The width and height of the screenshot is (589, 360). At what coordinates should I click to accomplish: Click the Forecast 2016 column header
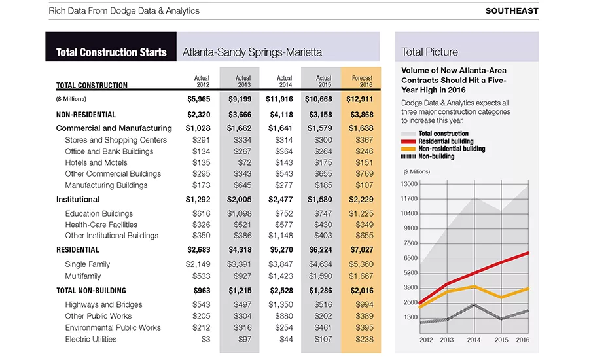(362, 81)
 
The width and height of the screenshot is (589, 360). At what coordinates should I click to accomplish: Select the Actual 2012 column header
(202, 81)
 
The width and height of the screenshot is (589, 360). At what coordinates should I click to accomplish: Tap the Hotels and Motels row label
(96, 163)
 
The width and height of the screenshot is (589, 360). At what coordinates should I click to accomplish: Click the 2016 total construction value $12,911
(359, 99)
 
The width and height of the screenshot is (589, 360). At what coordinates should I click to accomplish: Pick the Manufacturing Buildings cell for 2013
(242, 185)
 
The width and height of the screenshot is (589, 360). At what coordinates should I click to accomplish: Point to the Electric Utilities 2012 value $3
(205, 339)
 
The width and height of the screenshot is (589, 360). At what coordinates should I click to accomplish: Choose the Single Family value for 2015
(321, 264)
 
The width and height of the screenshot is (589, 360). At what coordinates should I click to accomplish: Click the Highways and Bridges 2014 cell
(280, 305)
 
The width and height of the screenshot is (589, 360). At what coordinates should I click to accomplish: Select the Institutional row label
(78, 200)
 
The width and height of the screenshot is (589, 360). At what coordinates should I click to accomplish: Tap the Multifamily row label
(83, 276)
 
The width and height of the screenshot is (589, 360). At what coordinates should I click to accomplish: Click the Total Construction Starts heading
(111, 52)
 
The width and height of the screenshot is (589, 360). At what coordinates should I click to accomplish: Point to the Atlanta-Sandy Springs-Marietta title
(252, 52)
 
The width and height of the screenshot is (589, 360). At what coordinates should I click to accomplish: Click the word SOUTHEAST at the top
(512, 11)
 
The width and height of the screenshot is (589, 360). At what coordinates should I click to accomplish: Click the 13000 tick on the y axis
(409, 184)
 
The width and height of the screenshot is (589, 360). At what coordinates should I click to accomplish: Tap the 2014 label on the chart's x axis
(474, 340)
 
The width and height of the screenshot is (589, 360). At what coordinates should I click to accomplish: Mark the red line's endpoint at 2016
(528, 253)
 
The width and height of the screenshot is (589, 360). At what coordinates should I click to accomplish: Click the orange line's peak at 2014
(474, 287)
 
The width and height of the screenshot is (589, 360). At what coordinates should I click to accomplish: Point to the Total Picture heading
(429, 52)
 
